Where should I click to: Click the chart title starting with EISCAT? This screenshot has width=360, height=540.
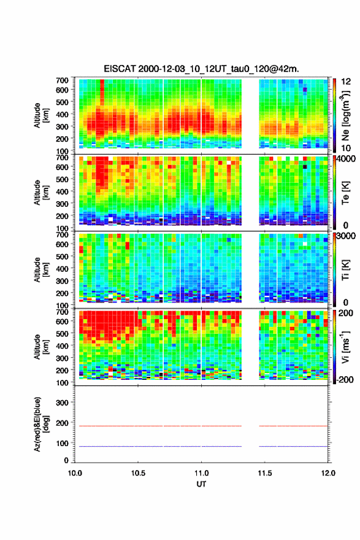tap(201, 69)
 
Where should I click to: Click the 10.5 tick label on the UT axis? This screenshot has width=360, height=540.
tap(138, 473)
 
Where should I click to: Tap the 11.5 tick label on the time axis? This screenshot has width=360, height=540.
tap(265, 473)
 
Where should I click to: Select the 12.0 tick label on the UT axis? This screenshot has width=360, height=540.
tap(328, 473)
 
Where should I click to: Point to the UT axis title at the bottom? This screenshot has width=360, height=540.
tap(201, 484)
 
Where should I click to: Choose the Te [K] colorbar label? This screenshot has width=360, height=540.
tap(345, 193)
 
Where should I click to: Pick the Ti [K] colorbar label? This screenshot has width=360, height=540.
tap(345, 270)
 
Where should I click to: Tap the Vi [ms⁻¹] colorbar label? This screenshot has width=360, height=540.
tap(345, 347)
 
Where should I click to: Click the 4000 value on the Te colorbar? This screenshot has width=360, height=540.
tap(346, 160)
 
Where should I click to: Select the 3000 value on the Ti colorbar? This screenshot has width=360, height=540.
tap(346, 236)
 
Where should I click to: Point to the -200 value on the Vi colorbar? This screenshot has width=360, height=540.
tap(344, 379)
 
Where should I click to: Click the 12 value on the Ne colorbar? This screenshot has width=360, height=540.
tap(346, 82)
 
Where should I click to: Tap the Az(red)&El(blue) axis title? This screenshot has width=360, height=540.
tap(41, 424)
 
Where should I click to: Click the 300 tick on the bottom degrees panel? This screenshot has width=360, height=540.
tap(63, 403)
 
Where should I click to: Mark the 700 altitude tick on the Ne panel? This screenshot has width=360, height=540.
tap(63, 80)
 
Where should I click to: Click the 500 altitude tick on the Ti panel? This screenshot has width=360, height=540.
tap(63, 256)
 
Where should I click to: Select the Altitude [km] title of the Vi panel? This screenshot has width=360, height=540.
tap(41, 347)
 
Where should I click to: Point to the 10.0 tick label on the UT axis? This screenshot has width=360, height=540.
tap(75, 473)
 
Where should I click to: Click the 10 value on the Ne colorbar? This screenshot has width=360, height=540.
tap(346, 148)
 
